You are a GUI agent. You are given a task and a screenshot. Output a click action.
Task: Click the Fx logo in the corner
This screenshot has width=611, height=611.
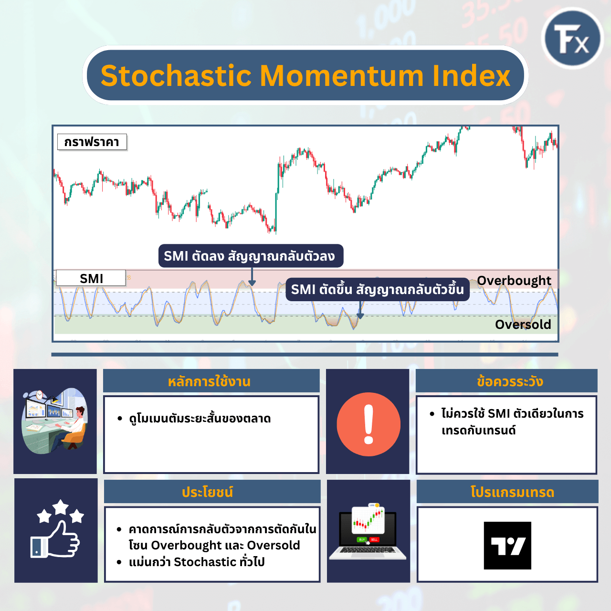pos(573,39)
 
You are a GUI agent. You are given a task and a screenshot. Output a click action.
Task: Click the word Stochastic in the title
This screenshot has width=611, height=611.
pos(176,76)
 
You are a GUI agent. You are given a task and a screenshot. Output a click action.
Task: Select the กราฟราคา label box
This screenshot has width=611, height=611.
pos(92,142)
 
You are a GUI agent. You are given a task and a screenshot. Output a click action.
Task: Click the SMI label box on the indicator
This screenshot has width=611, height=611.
pos(91,278)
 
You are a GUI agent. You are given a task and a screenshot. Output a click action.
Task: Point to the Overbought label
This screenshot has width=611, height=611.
pos(514,281)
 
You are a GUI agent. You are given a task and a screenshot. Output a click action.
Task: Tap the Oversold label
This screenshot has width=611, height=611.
pos(523,325)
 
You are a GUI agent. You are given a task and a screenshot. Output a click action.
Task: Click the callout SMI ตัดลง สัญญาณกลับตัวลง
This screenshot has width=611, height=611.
pos(250,256)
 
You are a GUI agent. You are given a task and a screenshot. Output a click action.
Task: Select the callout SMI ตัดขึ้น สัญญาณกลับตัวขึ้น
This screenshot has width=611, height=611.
pos(377,290)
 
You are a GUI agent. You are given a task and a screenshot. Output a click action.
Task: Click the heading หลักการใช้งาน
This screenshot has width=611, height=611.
pos(210,381)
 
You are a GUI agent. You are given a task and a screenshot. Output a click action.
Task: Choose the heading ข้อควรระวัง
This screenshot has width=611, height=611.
pos(509,381)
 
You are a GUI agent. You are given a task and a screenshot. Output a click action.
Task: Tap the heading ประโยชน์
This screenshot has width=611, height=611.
pos(208,492)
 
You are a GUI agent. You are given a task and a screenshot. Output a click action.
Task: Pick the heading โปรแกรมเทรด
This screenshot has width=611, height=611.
pos(512,492)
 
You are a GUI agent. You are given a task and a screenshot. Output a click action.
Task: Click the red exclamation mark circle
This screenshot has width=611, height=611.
pos(369,424)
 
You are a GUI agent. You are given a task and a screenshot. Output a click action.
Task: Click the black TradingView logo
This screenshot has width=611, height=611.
pos(507,546)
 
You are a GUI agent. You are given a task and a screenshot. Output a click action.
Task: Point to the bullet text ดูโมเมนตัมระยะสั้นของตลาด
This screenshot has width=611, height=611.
pos(200,419)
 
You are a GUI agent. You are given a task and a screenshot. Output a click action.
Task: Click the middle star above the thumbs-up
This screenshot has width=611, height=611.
pos(61,507)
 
